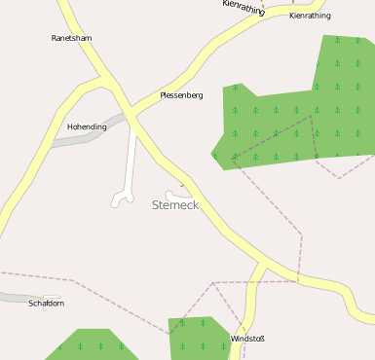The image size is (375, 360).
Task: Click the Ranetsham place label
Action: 71,38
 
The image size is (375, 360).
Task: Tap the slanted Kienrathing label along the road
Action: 244,8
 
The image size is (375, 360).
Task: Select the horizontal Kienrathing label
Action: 310,16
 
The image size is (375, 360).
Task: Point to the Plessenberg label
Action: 181,95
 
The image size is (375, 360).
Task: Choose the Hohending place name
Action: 87,126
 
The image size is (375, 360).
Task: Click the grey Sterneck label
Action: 175,205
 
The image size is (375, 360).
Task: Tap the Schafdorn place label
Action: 47,303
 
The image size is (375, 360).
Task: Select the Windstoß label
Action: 247,339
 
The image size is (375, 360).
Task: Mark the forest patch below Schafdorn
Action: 93,347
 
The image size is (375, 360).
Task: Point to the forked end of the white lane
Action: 122,199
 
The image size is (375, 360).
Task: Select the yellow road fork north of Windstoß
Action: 262,265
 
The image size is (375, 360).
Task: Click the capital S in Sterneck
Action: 157,205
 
